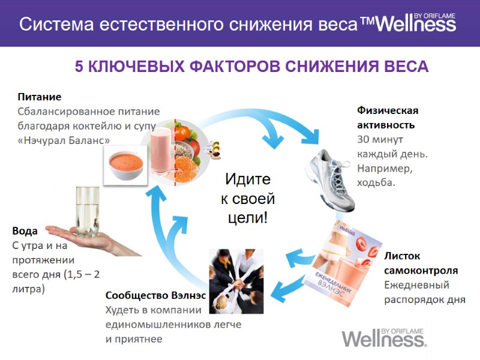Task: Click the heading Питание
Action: coord(40,97)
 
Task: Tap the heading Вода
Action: coord(25,231)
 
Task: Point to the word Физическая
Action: coord(388,111)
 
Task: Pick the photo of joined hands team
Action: coord(236,280)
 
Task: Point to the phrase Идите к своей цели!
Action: coord(247,198)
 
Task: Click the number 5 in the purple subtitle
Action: coord(79,67)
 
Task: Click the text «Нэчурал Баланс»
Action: coord(64,140)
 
